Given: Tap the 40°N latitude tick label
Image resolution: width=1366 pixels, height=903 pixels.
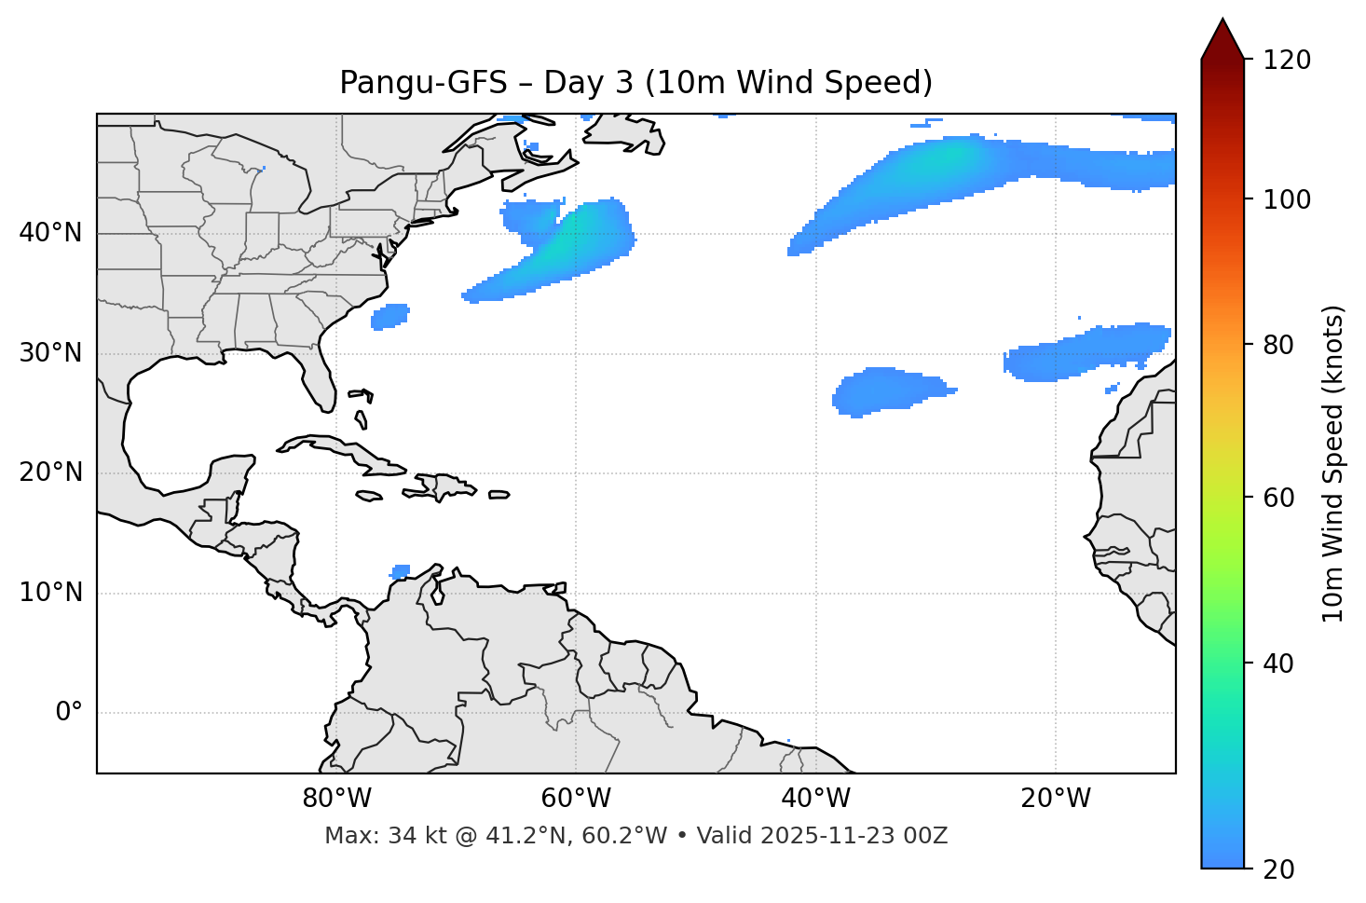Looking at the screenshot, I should click(50, 233).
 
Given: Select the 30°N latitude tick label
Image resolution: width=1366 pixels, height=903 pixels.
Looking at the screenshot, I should click(50, 353).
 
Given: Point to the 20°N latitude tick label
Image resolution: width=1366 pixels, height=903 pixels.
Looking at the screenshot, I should click(50, 472).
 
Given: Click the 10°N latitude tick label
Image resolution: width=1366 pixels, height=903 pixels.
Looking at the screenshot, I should click(50, 593).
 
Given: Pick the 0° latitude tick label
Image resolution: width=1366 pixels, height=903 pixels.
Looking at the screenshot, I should click(69, 713).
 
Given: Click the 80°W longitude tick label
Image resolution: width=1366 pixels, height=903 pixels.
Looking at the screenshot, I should click(336, 799).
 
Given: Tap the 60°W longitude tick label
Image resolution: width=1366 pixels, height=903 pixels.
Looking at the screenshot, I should click(576, 799).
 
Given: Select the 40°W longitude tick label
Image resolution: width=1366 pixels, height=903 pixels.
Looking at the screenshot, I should click(815, 799).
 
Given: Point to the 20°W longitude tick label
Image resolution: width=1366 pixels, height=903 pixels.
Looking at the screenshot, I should click(1055, 799).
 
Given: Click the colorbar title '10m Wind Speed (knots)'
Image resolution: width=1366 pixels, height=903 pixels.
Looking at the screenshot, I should click(1333, 463).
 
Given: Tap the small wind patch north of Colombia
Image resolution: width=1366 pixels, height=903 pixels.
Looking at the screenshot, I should click(401, 570).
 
